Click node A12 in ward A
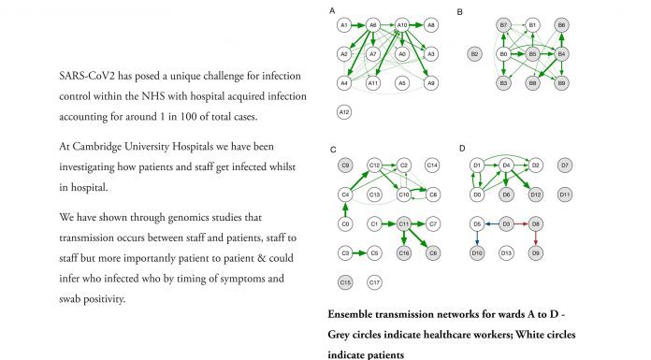(x=344, y=112)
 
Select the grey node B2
(x=474, y=54)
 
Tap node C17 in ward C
(x=374, y=282)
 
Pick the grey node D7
(x=565, y=166)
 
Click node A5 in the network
(x=402, y=83)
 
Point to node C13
(x=374, y=194)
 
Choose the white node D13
(x=506, y=252)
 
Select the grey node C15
(x=345, y=282)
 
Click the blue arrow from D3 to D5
(x=492, y=223)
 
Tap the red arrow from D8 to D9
(x=536, y=238)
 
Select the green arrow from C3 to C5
(x=359, y=252)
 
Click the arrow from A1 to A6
(x=358, y=25)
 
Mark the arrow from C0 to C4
(x=345, y=209)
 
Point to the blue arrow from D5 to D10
(x=477, y=238)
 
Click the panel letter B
(x=459, y=12)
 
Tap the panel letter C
(x=333, y=150)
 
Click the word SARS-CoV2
(x=87, y=76)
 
